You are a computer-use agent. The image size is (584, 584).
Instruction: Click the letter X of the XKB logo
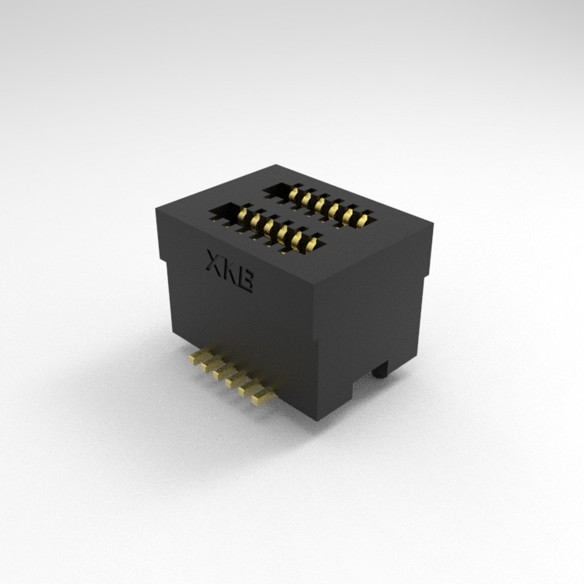click(215, 261)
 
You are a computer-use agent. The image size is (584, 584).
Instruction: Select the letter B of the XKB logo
click(246, 281)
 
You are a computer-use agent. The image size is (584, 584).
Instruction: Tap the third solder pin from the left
click(225, 371)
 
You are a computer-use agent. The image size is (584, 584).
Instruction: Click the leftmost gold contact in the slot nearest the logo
click(242, 214)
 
